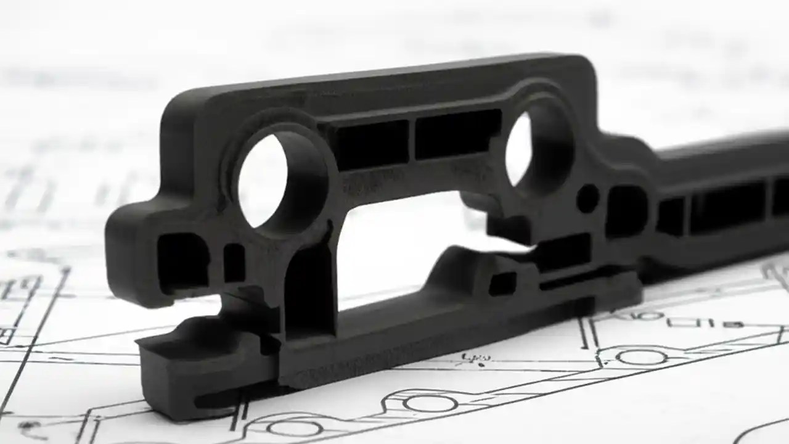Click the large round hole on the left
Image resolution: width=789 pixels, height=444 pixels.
click(x=263, y=180)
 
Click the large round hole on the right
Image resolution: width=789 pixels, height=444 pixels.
click(x=519, y=148)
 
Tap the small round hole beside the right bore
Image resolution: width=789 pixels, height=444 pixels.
click(x=587, y=199)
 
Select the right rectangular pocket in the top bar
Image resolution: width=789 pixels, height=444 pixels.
click(x=457, y=134)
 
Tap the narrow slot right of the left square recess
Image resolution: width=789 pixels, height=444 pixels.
click(x=234, y=263)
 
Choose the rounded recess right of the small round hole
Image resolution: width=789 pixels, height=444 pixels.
click(x=626, y=210)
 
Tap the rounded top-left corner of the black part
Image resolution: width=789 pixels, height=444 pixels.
click(x=179, y=108)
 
